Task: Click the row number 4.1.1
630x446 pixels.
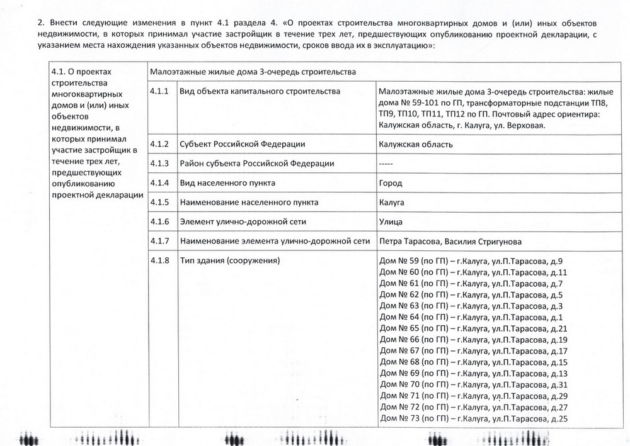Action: tap(159, 92)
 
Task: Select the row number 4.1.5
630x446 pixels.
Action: tap(159, 203)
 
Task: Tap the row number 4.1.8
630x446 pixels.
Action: tap(159, 260)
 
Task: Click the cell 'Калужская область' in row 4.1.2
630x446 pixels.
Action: tap(416, 144)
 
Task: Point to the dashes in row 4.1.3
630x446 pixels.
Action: tap(386, 164)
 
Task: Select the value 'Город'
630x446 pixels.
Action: tap(391, 183)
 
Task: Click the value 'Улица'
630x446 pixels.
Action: tap(391, 221)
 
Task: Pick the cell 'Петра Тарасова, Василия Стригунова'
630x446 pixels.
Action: tap(450, 241)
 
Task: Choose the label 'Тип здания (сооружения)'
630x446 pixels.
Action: tap(229, 260)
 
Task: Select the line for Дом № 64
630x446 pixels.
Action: tap(471, 316)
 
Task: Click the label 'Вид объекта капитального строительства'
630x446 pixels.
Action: tap(260, 92)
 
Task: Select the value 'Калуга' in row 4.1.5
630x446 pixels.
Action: tap(391, 203)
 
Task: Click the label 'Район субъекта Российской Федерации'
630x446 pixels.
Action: tap(256, 164)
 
